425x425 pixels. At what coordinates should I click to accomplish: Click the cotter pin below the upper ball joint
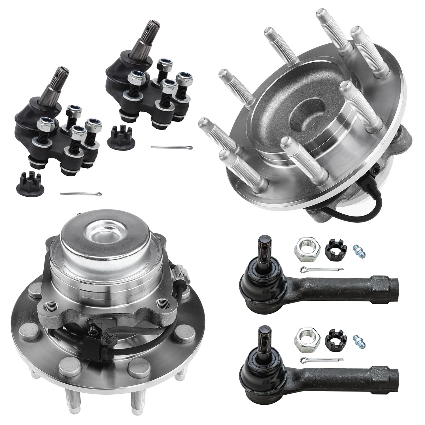click(x=171, y=147)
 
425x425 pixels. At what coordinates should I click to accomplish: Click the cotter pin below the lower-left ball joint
click(x=81, y=194)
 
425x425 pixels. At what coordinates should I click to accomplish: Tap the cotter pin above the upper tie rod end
click(x=322, y=269)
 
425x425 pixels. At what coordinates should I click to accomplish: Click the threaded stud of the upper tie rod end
click(x=263, y=246)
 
